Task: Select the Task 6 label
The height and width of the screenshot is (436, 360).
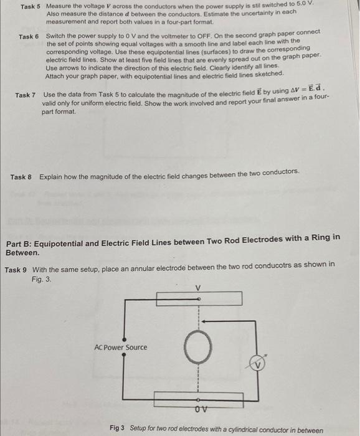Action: click(x=29, y=37)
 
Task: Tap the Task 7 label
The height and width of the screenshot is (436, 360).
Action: click(x=26, y=95)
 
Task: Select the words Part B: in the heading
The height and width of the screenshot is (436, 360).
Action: click(x=22, y=237)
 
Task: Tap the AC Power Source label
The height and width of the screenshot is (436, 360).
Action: click(x=121, y=347)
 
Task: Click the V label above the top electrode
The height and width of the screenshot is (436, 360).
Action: click(x=198, y=288)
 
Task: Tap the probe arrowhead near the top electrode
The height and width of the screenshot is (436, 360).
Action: click(x=203, y=322)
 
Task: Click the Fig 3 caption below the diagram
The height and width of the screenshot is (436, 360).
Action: click(x=216, y=429)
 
